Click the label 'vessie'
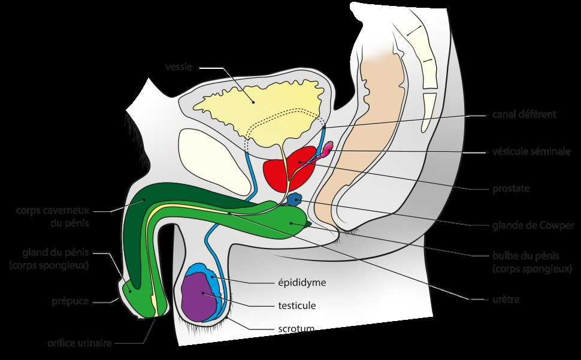click(x=178, y=66)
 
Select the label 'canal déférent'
click(x=524, y=114)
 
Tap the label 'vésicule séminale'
click(x=531, y=152)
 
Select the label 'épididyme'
click(x=301, y=282)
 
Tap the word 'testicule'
click(x=296, y=305)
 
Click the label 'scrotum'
click(x=296, y=328)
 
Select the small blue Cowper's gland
click(x=295, y=199)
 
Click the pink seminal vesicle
click(x=328, y=148)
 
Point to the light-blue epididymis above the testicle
click(x=213, y=276)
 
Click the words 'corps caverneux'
click(x=55, y=211)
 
